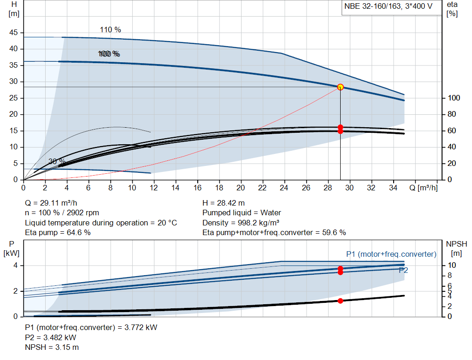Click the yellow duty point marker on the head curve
[340, 87]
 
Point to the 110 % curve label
[110, 30]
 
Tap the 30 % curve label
[57, 161]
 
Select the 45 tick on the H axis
[13, 33]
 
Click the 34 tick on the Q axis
[393, 188]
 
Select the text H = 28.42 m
[224, 203]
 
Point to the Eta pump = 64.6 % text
[58, 232]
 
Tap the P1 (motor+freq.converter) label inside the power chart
[391, 254]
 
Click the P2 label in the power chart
[403, 270]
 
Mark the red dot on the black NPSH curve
[340, 301]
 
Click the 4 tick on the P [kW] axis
[15, 266]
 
